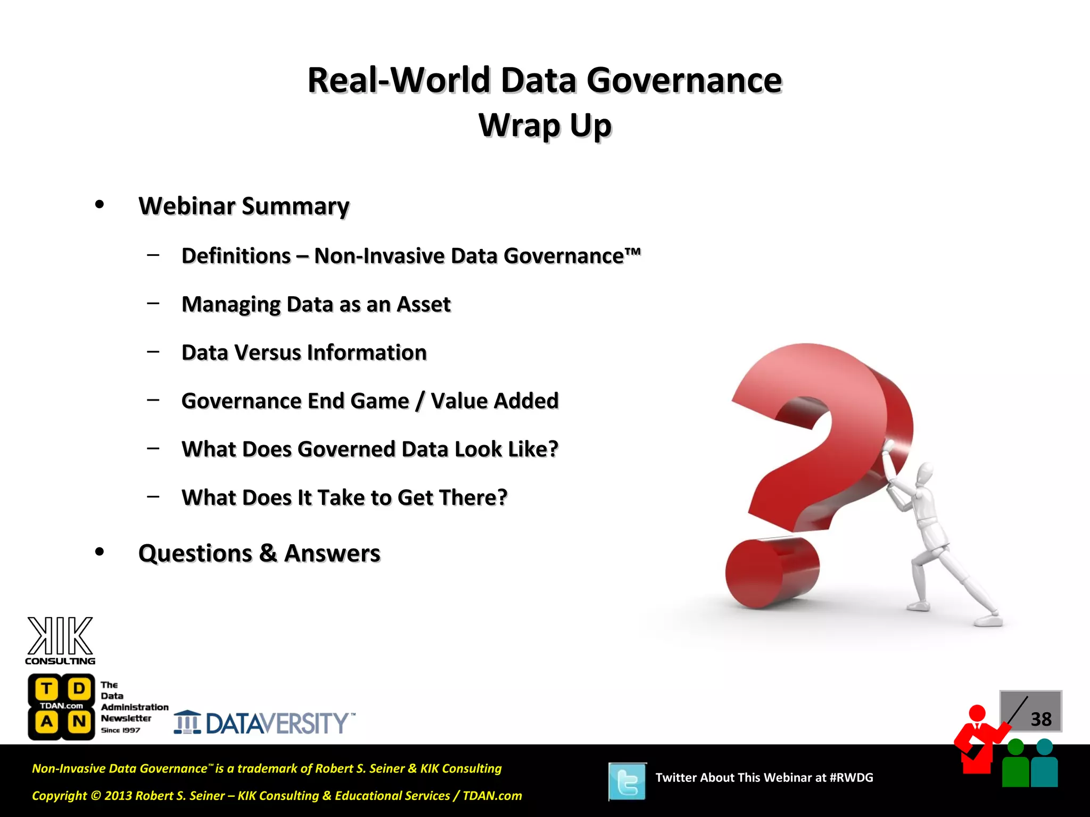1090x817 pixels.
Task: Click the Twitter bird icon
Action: tap(627, 781)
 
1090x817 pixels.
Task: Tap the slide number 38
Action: tap(1041, 719)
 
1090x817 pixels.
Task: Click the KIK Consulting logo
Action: tap(60, 641)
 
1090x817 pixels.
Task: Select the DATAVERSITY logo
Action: tap(265, 723)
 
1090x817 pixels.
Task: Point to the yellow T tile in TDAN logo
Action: tap(47, 689)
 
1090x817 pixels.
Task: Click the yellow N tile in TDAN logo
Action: tap(79, 722)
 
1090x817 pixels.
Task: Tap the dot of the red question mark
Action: tap(772, 573)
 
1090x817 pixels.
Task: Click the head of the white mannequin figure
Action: tap(924, 473)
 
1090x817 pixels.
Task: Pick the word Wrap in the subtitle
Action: tap(519, 126)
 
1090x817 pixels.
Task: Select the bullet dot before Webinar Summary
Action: tap(100, 205)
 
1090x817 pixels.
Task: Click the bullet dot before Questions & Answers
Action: tap(100, 552)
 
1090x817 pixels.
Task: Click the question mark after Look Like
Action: tap(553, 449)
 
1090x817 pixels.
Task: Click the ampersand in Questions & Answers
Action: tap(268, 554)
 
